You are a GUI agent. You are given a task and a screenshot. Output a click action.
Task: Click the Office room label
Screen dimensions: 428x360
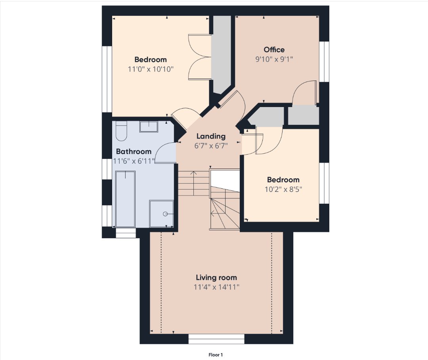(274, 50)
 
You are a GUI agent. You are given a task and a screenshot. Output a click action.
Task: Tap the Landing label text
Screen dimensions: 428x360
(211, 136)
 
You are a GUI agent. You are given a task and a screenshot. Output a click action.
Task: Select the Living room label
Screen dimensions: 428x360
(216, 278)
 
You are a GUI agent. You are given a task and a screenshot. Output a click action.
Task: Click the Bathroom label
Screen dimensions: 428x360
(134, 151)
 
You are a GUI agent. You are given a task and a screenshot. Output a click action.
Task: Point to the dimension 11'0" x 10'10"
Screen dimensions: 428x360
(151, 69)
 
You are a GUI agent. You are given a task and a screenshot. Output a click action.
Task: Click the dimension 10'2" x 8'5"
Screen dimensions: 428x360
(283, 189)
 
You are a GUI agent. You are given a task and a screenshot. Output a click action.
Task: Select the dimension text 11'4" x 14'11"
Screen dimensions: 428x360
(216, 287)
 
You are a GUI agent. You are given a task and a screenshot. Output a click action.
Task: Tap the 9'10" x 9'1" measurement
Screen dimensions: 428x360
(274, 59)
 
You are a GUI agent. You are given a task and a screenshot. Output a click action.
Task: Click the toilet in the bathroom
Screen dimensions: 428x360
(121, 131)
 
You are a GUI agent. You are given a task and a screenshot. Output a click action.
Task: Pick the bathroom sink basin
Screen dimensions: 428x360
(149, 127)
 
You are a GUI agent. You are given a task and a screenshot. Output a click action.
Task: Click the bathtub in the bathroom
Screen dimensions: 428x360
(125, 199)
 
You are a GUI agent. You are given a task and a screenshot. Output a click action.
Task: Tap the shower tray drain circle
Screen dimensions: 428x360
(165, 214)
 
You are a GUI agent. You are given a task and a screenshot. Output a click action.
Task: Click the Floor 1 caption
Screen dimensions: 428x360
(216, 355)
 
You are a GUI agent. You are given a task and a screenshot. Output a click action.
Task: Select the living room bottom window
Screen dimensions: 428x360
(216, 339)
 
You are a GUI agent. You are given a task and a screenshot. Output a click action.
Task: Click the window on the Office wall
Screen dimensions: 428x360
(324, 61)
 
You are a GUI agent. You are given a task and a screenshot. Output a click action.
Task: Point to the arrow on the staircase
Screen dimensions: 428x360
(194, 183)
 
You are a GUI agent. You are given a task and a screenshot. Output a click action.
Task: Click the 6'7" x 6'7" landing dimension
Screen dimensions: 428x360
(211, 146)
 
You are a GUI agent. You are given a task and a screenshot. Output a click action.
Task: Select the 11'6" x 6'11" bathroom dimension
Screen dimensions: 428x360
(134, 161)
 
